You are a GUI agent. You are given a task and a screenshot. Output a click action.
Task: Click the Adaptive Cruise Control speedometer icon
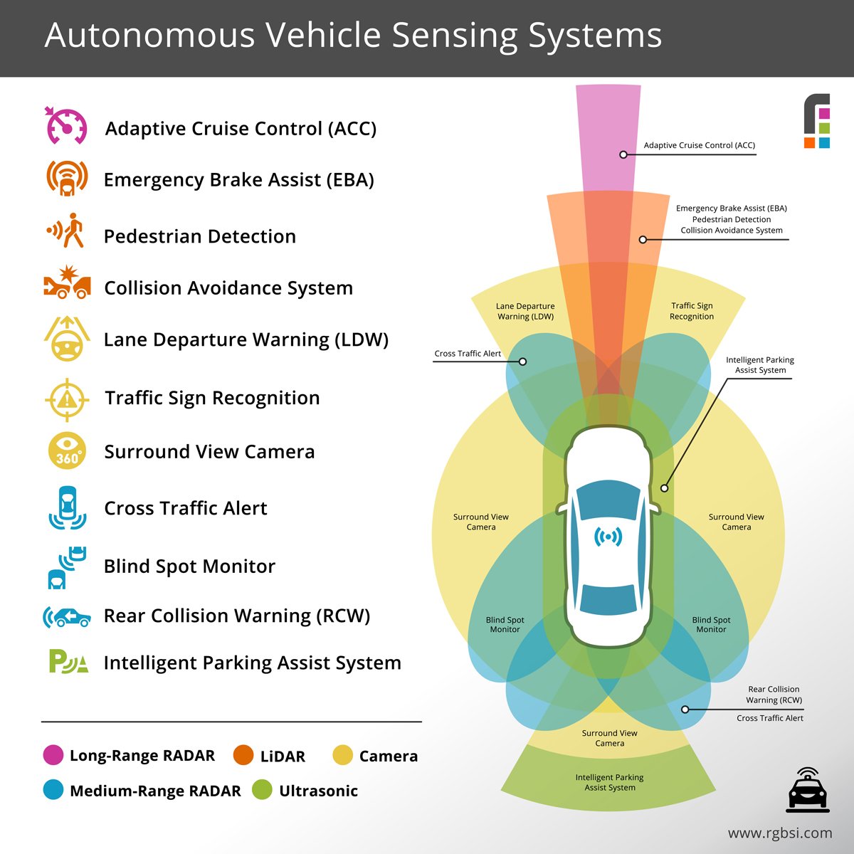[66, 127]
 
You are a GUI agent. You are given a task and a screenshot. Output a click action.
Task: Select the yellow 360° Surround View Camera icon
[67, 451]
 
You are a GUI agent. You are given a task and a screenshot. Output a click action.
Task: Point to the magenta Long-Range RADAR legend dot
[53, 755]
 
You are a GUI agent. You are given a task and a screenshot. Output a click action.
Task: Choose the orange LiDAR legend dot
[243, 755]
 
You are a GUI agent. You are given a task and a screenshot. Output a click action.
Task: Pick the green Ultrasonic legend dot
[262, 790]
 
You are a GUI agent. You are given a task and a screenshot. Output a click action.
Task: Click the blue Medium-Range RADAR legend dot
[53, 790]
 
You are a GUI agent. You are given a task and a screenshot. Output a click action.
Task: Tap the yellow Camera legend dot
[343, 755]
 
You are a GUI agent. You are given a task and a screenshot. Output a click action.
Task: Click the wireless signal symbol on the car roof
[608, 537]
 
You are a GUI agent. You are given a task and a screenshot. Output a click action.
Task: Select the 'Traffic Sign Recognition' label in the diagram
[691, 311]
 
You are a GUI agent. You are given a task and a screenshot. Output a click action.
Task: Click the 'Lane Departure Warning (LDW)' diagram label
[525, 311]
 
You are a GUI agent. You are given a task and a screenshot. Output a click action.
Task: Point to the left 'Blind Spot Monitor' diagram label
[505, 625]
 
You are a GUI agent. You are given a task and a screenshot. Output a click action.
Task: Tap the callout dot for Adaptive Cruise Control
[623, 154]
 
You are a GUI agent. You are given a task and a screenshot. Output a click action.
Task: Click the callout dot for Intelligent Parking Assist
[664, 488]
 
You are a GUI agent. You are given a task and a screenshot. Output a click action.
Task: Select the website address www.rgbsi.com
[779, 833]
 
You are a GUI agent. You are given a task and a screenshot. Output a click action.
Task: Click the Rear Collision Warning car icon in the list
[67, 616]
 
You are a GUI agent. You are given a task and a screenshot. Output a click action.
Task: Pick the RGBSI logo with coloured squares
[817, 121]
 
